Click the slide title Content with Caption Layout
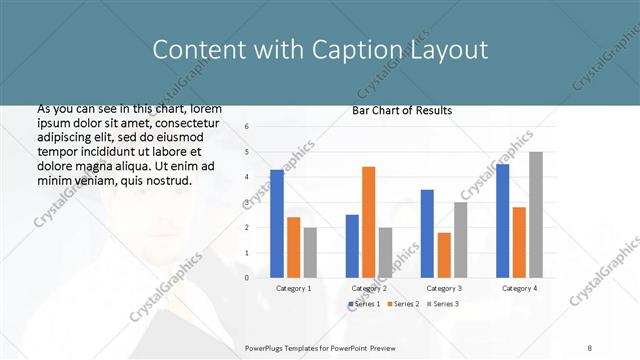320,50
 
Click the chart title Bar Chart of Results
402,110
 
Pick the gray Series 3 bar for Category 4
536,215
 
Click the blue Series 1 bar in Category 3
427,233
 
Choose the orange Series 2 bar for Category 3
444,255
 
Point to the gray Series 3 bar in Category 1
310,252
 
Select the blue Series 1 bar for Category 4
502,221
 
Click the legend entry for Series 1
364,304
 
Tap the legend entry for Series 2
402,304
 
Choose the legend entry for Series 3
442,304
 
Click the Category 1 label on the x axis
294,288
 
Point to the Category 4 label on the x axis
519,288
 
